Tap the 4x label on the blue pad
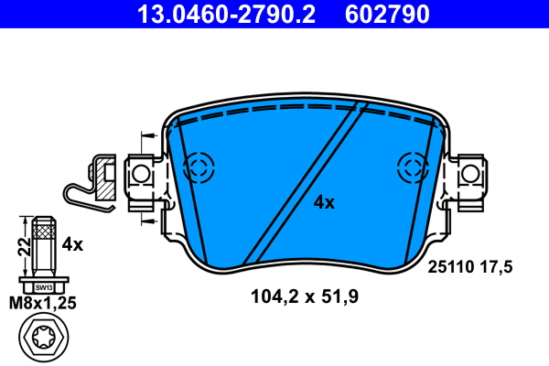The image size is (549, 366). point(324,202)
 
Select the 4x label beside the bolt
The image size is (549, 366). point(72,244)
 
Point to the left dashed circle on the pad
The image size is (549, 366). point(199,166)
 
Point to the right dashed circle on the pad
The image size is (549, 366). point(413,167)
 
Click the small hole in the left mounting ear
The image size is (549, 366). point(140,172)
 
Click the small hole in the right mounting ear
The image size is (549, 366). point(470,172)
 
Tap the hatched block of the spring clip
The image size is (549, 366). point(104,183)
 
